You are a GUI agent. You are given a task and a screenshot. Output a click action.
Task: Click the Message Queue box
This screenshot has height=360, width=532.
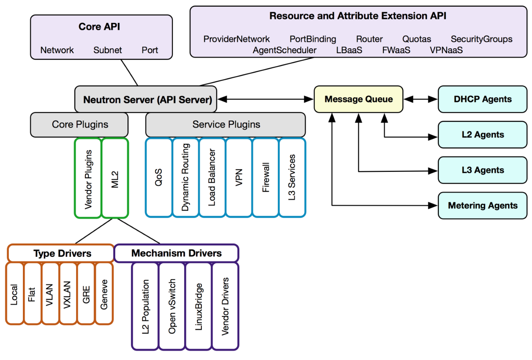pos(358,99)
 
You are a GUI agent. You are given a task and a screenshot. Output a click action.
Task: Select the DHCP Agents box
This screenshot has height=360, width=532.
pos(482,99)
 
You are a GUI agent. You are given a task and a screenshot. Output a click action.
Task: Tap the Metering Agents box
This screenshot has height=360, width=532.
pos(482,205)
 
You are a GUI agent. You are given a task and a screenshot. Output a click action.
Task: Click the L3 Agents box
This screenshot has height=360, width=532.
pos(482,170)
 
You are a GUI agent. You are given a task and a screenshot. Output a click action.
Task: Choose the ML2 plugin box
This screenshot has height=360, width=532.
pos(115,178)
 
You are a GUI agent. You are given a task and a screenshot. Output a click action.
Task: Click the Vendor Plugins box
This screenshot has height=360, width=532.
pos(88,178)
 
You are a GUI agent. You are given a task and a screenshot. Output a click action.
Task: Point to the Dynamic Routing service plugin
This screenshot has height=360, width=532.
pos(185,178)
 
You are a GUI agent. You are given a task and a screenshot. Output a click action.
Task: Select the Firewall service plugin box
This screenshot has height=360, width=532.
pos(266,178)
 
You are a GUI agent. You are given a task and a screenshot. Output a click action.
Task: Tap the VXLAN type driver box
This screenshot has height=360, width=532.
pos(68,293)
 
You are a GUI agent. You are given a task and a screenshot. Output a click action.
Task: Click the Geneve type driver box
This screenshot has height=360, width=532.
pos(104,293)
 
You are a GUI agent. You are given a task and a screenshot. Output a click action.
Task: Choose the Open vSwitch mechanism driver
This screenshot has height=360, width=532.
pos(172,306)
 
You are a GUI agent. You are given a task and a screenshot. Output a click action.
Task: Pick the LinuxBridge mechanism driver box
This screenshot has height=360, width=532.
pos(199,306)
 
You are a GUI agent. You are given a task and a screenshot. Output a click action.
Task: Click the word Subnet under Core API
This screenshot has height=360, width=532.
pos(108,50)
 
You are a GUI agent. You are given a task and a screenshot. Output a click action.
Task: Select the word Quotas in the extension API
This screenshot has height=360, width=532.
pos(417,39)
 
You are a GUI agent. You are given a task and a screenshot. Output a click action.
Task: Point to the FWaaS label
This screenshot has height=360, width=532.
pos(396,50)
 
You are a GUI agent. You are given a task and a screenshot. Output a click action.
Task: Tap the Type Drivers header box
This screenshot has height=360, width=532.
pos(62,253)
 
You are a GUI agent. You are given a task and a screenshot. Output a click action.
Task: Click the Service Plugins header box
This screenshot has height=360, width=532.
pos(226,124)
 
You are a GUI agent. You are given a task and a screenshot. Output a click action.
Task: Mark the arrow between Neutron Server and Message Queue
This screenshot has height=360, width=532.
pos(266,99)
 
